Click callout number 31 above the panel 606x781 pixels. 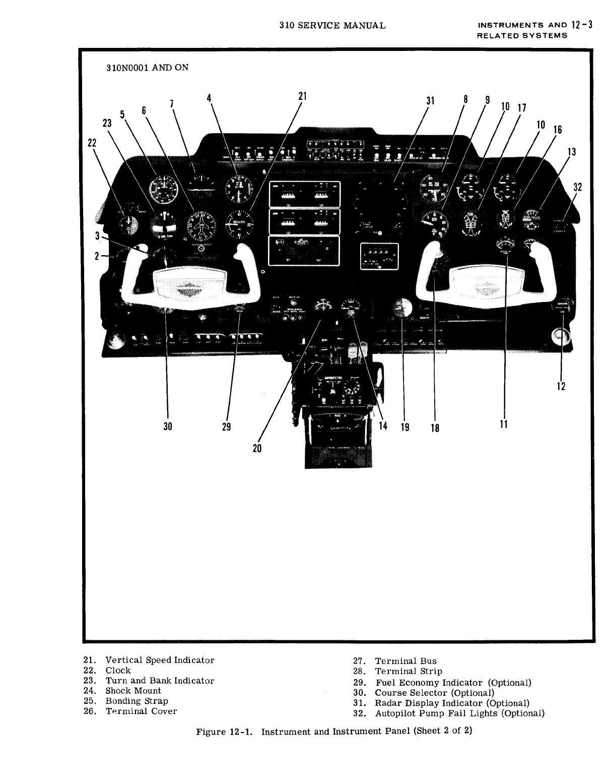click(x=430, y=101)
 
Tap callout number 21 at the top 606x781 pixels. click(x=302, y=96)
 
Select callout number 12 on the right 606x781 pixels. click(x=561, y=386)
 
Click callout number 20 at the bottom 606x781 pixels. click(x=257, y=448)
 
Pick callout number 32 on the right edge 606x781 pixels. click(x=578, y=187)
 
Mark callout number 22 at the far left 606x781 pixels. click(x=91, y=143)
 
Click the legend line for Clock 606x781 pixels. click(x=118, y=671)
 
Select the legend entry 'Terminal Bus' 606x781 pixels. click(x=406, y=661)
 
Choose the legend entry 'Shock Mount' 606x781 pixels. click(x=133, y=691)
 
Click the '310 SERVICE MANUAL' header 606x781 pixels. click(x=332, y=25)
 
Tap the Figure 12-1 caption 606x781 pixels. click(x=334, y=731)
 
